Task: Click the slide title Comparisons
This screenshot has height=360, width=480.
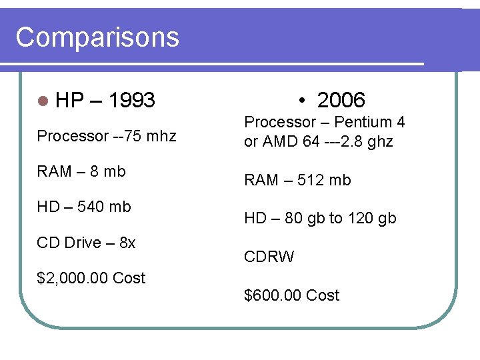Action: pos(97,37)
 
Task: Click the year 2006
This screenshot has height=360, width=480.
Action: pos(341,101)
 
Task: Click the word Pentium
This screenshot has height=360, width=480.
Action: pos(363,123)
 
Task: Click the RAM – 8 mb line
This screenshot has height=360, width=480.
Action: pos(81,171)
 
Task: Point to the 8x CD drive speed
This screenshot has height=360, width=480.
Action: pos(127,243)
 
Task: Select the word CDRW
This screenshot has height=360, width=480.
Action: pos(269,257)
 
